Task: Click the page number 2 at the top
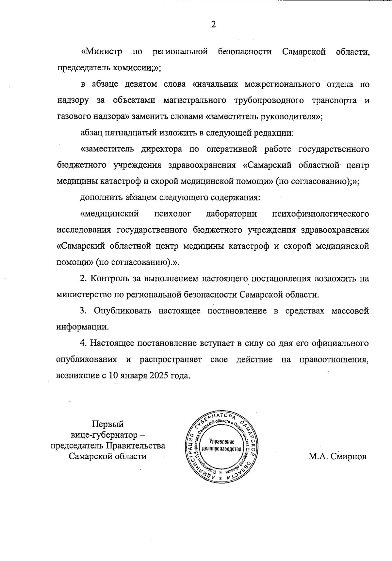[x=213, y=25]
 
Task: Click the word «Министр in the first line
[x=102, y=52]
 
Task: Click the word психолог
[x=172, y=214]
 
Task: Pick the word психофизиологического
[x=320, y=214]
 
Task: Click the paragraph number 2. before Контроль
[x=84, y=279]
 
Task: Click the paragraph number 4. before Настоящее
[x=84, y=343]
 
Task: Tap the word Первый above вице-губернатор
[x=108, y=424]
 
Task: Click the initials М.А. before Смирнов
[x=318, y=456]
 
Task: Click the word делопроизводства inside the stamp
[x=222, y=449]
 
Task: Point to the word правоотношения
[x=334, y=359]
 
